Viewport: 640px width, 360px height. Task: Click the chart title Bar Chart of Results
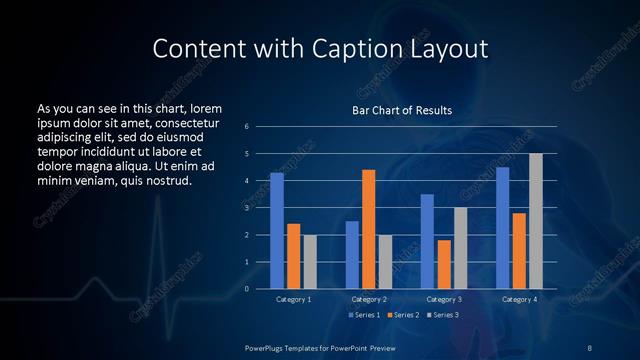click(x=401, y=110)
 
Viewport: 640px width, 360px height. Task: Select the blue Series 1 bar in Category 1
click(x=276, y=230)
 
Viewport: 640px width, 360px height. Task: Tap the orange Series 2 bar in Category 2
click(x=369, y=229)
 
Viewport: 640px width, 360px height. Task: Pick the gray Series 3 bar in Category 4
click(x=536, y=221)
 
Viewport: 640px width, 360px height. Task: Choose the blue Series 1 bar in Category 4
click(x=503, y=227)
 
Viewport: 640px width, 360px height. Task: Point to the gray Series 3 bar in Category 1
click(x=309, y=261)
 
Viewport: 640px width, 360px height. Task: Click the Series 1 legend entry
click(x=364, y=315)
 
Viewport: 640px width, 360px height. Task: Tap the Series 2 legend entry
click(x=401, y=315)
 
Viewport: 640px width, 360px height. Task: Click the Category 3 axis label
click(x=444, y=299)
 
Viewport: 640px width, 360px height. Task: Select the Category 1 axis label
click(x=293, y=299)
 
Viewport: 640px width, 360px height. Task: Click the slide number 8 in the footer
click(x=589, y=346)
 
